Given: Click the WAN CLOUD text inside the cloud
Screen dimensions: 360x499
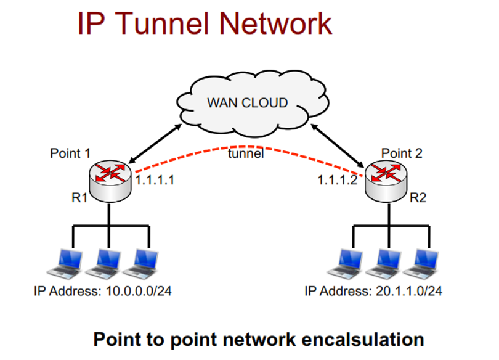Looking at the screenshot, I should [248, 103].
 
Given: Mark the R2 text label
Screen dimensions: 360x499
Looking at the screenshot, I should [420, 199].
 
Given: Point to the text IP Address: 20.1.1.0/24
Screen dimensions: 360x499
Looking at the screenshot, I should [374, 290].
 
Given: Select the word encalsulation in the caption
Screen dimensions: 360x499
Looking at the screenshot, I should [363, 339].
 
